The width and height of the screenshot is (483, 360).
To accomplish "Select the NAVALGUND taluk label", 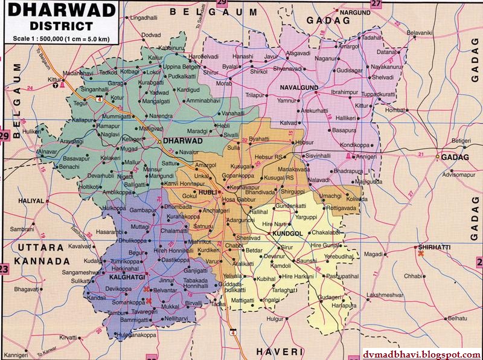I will [x=300, y=88].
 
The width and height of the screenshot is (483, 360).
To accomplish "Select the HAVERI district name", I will [x=277, y=351].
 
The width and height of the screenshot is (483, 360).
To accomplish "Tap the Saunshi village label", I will [x=307, y=260].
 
